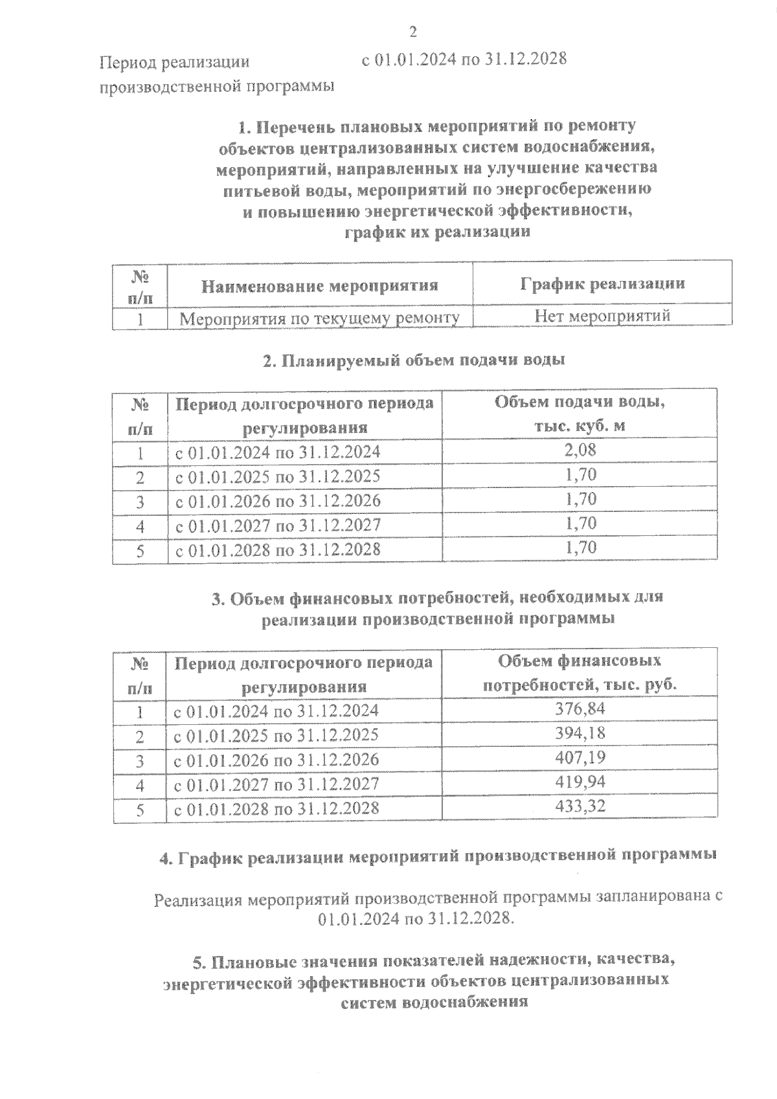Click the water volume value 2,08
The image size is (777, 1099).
[x=580, y=450]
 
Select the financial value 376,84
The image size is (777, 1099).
[x=580, y=709]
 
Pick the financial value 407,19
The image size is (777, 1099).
[x=580, y=757]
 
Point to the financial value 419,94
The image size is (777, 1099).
[x=580, y=782]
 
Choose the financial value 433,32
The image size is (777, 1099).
[x=580, y=806]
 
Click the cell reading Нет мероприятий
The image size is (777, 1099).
[x=602, y=316]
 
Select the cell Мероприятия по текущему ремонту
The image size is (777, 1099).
[x=320, y=318]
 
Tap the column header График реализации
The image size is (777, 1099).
[x=602, y=284]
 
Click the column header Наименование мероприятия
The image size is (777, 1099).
[x=320, y=285]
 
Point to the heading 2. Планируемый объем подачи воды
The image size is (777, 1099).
[x=414, y=361]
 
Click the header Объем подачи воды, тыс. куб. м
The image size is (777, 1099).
[x=580, y=414]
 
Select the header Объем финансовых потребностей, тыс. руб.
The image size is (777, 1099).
[x=580, y=672]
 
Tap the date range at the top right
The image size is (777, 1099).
[x=464, y=59]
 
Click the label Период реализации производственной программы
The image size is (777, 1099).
[x=216, y=74]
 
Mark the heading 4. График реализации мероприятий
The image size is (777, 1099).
[x=438, y=856]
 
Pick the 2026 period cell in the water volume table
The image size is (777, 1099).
[x=278, y=501]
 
